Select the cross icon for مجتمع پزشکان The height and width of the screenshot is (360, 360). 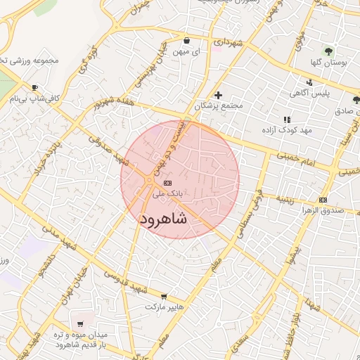tap(218, 95)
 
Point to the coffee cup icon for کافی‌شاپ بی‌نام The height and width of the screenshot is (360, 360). tap(33, 87)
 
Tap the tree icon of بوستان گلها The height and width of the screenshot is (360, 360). tap(328, 51)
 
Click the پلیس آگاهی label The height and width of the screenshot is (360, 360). tap(311, 94)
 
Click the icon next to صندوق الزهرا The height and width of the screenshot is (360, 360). tap(323, 200)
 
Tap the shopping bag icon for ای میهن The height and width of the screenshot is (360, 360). tap(186, 40)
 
